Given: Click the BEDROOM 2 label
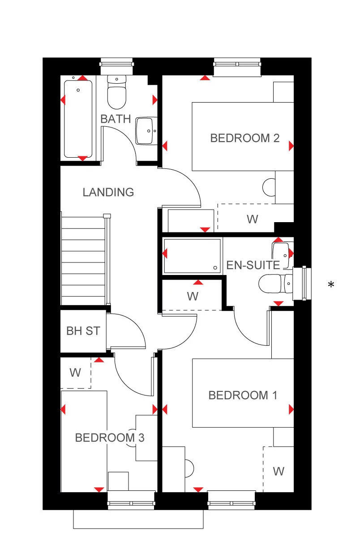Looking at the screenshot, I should [x=245, y=138].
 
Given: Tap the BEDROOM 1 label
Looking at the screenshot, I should [x=243, y=395].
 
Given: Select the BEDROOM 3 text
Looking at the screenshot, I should [x=110, y=437].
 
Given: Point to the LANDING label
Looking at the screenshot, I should [x=108, y=192].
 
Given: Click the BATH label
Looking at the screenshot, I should [x=116, y=119].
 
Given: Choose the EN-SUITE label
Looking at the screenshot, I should [x=253, y=265].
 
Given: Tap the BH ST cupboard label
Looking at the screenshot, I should [x=83, y=331].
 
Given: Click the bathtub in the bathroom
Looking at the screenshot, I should [x=78, y=118].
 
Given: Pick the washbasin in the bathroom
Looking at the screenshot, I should [x=147, y=131].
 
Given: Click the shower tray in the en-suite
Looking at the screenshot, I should [x=193, y=256].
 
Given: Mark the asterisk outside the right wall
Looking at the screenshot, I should [x=331, y=284].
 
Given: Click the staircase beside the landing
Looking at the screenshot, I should [x=84, y=260].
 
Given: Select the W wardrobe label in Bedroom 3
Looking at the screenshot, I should [x=75, y=373].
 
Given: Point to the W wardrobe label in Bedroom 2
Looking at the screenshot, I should [x=253, y=219].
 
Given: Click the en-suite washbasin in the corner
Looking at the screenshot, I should [x=281, y=249].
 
